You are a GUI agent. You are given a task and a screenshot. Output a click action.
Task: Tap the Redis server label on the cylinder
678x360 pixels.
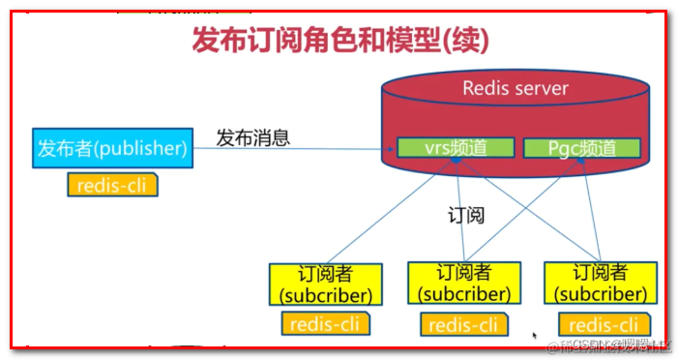(515, 89)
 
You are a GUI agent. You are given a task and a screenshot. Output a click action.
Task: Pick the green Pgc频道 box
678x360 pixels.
(581, 148)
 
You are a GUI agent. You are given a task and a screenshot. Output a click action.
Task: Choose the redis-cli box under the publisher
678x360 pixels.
(112, 185)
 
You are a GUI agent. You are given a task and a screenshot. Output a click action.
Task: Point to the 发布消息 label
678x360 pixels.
(252, 137)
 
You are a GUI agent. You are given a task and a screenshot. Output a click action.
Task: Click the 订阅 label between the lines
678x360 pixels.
(466, 214)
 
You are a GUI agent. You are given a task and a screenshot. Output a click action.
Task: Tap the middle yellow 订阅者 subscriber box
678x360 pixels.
(463, 283)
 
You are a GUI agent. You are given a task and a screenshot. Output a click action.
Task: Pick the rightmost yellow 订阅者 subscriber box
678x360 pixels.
(600, 283)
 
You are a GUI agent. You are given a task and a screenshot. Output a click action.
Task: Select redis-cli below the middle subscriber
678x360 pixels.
(463, 325)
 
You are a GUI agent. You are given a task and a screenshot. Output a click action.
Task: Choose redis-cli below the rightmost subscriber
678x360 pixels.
(603, 325)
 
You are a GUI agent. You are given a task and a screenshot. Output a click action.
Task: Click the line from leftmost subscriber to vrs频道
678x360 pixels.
(387, 215)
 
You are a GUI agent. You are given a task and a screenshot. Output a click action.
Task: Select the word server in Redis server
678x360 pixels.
(540, 89)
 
